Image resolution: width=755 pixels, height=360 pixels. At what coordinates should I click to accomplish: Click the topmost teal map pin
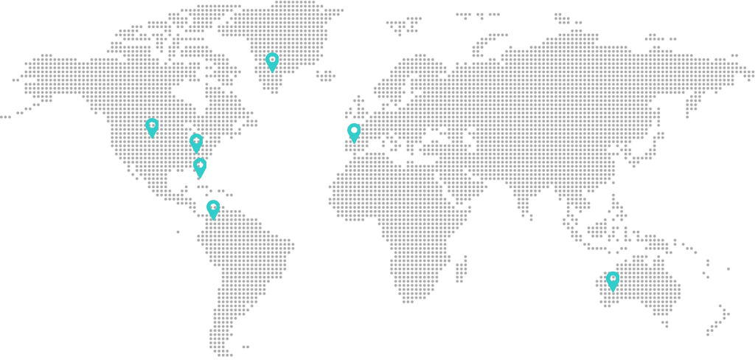pyautogui.click(x=272, y=62)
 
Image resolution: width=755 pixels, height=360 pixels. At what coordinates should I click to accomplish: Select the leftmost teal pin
pyautogui.click(x=152, y=128)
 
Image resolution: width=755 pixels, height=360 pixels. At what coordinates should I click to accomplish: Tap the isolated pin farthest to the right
pyautogui.click(x=613, y=281)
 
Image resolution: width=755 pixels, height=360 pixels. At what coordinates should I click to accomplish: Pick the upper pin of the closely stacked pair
pyautogui.click(x=196, y=143)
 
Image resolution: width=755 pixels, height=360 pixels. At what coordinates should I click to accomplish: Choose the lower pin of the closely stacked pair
pyautogui.click(x=200, y=167)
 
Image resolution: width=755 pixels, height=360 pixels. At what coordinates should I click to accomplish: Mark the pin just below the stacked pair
pyautogui.click(x=213, y=210)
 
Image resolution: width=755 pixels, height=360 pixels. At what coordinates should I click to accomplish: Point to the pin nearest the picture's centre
pyautogui.click(x=354, y=133)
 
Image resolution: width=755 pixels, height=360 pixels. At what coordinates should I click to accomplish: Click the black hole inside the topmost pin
pyautogui.click(x=272, y=59)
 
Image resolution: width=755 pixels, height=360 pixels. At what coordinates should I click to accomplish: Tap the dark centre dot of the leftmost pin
pyautogui.click(x=152, y=125)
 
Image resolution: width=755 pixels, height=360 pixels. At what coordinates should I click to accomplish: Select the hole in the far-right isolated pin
pyautogui.click(x=613, y=278)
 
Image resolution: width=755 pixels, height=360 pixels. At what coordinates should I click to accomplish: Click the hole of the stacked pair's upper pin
pyautogui.click(x=196, y=140)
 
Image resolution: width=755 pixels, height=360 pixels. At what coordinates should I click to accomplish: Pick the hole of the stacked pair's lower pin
pyautogui.click(x=200, y=165)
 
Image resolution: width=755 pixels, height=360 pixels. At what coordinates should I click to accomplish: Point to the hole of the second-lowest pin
pyautogui.click(x=213, y=207)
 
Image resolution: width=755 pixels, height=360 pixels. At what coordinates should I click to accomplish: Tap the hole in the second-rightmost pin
pyautogui.click(x=354, y=130)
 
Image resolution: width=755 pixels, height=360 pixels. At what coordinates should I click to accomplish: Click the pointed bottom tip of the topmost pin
pyautogui.click(x=272, y=72)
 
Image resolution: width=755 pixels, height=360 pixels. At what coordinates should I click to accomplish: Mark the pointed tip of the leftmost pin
pyautogui.click(x=152, y=138)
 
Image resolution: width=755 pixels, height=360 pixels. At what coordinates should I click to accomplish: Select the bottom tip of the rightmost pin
pyautogui.click(x=613, y=291)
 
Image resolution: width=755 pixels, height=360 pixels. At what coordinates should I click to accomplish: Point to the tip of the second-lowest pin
pyautogui.click(x=213, y=220)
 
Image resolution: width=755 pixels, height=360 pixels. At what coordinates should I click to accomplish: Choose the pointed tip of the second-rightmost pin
pyautogui.click(x=354, y=143)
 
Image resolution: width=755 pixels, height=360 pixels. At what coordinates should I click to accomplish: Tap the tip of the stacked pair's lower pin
pyautogui.click(x=200, y=178)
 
